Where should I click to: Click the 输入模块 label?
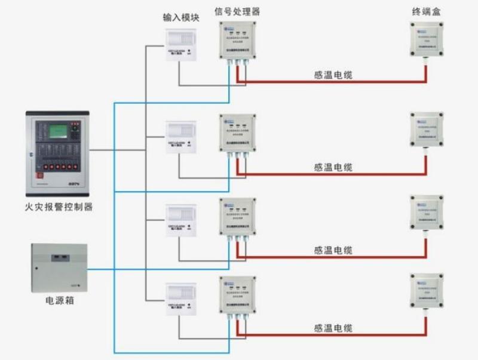click(x=181, y=18)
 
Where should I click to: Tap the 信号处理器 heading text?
click(x=238, y=11)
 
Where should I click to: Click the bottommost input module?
click(x=181, y=300)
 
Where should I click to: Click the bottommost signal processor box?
click(x=238, y=296)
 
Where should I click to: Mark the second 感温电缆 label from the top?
click(x=333, y=168)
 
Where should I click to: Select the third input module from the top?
click(x=181, y=219)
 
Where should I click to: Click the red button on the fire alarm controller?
click(x=41, y=176)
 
